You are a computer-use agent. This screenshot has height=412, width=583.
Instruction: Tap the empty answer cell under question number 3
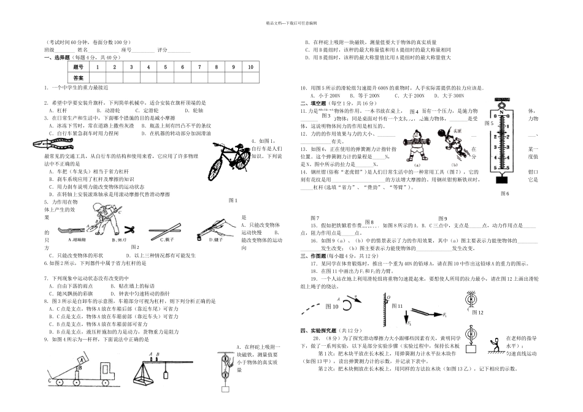coord(131,78)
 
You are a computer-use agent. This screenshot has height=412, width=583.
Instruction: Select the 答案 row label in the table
coord(78,78)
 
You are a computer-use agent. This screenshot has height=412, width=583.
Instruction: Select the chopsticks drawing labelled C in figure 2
coord(161,230)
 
